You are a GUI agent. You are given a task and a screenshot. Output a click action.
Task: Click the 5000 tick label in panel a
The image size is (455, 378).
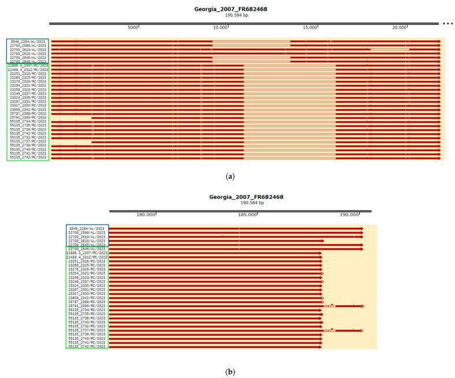tap(132, 27)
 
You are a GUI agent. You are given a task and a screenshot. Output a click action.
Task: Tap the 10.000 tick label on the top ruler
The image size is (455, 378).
tap(220, 27)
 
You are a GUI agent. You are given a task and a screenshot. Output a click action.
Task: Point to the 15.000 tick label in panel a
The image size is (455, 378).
tap(309, 27)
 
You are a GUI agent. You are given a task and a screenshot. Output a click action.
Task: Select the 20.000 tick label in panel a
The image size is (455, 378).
tap(399, 27)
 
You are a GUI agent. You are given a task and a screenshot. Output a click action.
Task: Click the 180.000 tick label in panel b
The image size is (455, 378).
tap(147, 214)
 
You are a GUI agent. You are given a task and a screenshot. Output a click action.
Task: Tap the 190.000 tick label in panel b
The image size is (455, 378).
tap(349, 214)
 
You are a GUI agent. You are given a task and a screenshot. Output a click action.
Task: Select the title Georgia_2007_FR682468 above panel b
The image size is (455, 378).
tap(247, 197)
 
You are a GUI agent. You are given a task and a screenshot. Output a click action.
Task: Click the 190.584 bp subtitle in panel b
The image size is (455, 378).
tap(247, 203)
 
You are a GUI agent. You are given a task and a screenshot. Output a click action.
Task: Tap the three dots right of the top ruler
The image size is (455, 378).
tap(448, 24)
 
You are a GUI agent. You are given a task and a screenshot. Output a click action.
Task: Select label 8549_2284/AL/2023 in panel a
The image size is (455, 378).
tap(28, 42)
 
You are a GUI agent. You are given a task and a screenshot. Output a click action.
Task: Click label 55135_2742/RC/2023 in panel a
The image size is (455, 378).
tap(28, 157)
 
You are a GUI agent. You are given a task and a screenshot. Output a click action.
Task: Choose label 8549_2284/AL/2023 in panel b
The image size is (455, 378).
tap(87, 229)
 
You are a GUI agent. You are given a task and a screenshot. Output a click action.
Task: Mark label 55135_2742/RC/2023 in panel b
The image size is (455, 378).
tap(87, 346)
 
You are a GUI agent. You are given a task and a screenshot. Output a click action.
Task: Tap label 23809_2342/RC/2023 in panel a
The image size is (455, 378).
tap(28, 109)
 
